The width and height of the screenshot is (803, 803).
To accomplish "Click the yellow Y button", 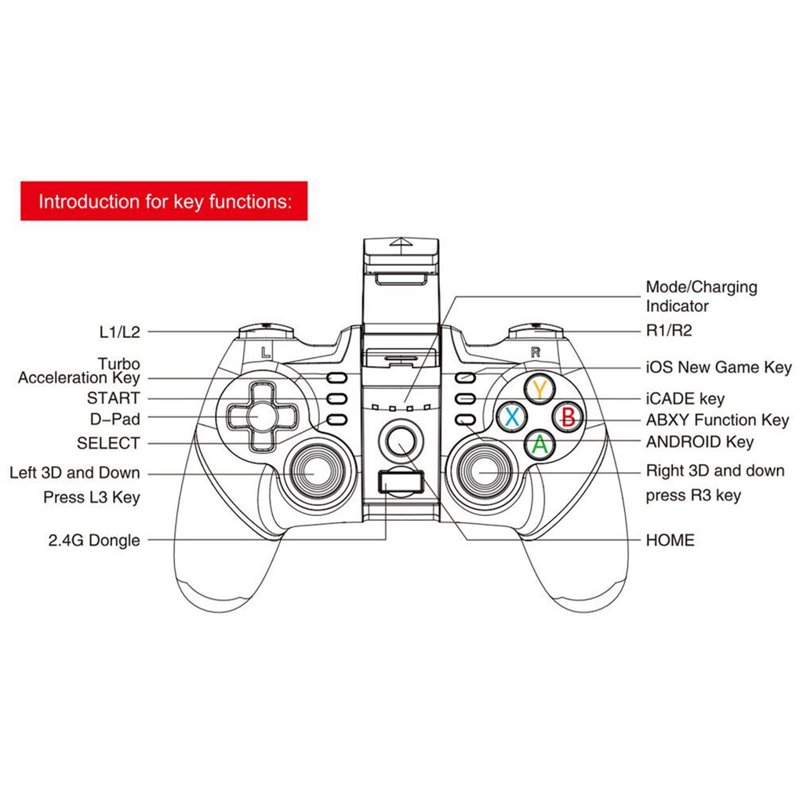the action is (540, 389).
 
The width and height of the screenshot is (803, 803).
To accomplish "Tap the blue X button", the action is (512, 416).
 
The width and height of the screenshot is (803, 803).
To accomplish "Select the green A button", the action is (540, 444).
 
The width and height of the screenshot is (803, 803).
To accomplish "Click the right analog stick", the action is (483, 472).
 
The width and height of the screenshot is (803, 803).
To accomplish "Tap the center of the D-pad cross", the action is (262, 416).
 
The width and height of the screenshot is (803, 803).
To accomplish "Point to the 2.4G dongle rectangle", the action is (401, 482).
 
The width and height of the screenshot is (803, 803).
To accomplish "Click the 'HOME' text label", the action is (670, 540).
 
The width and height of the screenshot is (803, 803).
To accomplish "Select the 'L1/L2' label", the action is (119, 332).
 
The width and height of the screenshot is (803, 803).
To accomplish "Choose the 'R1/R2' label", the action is (669, 331).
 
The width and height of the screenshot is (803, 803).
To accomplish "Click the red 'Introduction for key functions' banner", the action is (164, 201).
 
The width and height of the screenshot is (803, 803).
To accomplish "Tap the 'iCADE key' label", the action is (685, 398).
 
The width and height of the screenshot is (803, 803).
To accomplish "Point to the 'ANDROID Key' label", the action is (699, 441).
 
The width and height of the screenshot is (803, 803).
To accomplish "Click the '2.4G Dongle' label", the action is (94, 540).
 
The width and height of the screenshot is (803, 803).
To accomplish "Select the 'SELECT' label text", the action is (108, 443).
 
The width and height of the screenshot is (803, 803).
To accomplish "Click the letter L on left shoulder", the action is (265, 352).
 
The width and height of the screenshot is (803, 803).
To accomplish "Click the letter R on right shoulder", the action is (535, 352).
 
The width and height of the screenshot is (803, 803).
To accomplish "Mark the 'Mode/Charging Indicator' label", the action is (701, 296).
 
